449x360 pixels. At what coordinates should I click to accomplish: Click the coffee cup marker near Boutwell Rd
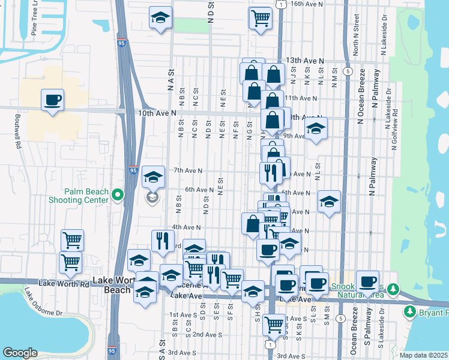pos(52,98)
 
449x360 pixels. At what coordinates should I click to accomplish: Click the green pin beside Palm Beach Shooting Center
pos(117,194)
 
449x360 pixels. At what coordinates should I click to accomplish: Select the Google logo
pos(20,353)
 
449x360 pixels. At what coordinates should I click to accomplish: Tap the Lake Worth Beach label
pos(113,285)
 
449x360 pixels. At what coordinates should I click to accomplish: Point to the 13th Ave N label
pos(304,61)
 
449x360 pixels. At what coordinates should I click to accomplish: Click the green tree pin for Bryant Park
pos(410,312)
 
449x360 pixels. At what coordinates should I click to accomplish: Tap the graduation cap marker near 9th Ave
pos(315,128)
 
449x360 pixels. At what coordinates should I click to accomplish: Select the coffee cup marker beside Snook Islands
pos(367,280)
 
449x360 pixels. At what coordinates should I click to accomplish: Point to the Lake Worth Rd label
pos(64,283)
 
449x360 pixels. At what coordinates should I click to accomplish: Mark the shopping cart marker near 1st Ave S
pos(274,324)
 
